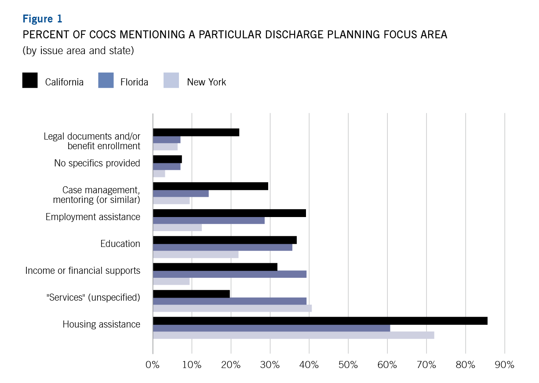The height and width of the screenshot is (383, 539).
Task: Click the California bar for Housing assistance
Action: pos(320,321)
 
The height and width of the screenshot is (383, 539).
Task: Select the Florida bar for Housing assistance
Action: pos(271,328)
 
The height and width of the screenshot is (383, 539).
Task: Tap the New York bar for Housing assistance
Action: pos(293,335)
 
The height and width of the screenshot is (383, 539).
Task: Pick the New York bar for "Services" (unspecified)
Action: pos(232,308)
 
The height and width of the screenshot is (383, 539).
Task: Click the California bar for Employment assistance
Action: pos(229,213)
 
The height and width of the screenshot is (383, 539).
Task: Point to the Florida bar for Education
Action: pos(222,247)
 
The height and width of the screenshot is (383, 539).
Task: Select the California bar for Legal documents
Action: pos(196,133)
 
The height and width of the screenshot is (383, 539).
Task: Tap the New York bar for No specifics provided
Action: pos(159,173)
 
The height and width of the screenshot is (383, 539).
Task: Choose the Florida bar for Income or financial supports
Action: pos(229,274)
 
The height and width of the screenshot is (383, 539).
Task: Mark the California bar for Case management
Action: pos(210,186)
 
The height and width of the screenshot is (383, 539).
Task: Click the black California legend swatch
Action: pos(30,81)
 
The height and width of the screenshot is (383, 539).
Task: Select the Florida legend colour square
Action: pos(106,81)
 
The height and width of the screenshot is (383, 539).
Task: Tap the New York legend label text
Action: pos(206,82)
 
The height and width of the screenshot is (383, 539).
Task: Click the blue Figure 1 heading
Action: pos(42,19)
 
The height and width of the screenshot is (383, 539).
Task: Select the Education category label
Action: pos(120,244)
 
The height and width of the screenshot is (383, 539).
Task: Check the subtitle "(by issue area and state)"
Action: pos(78,51)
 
